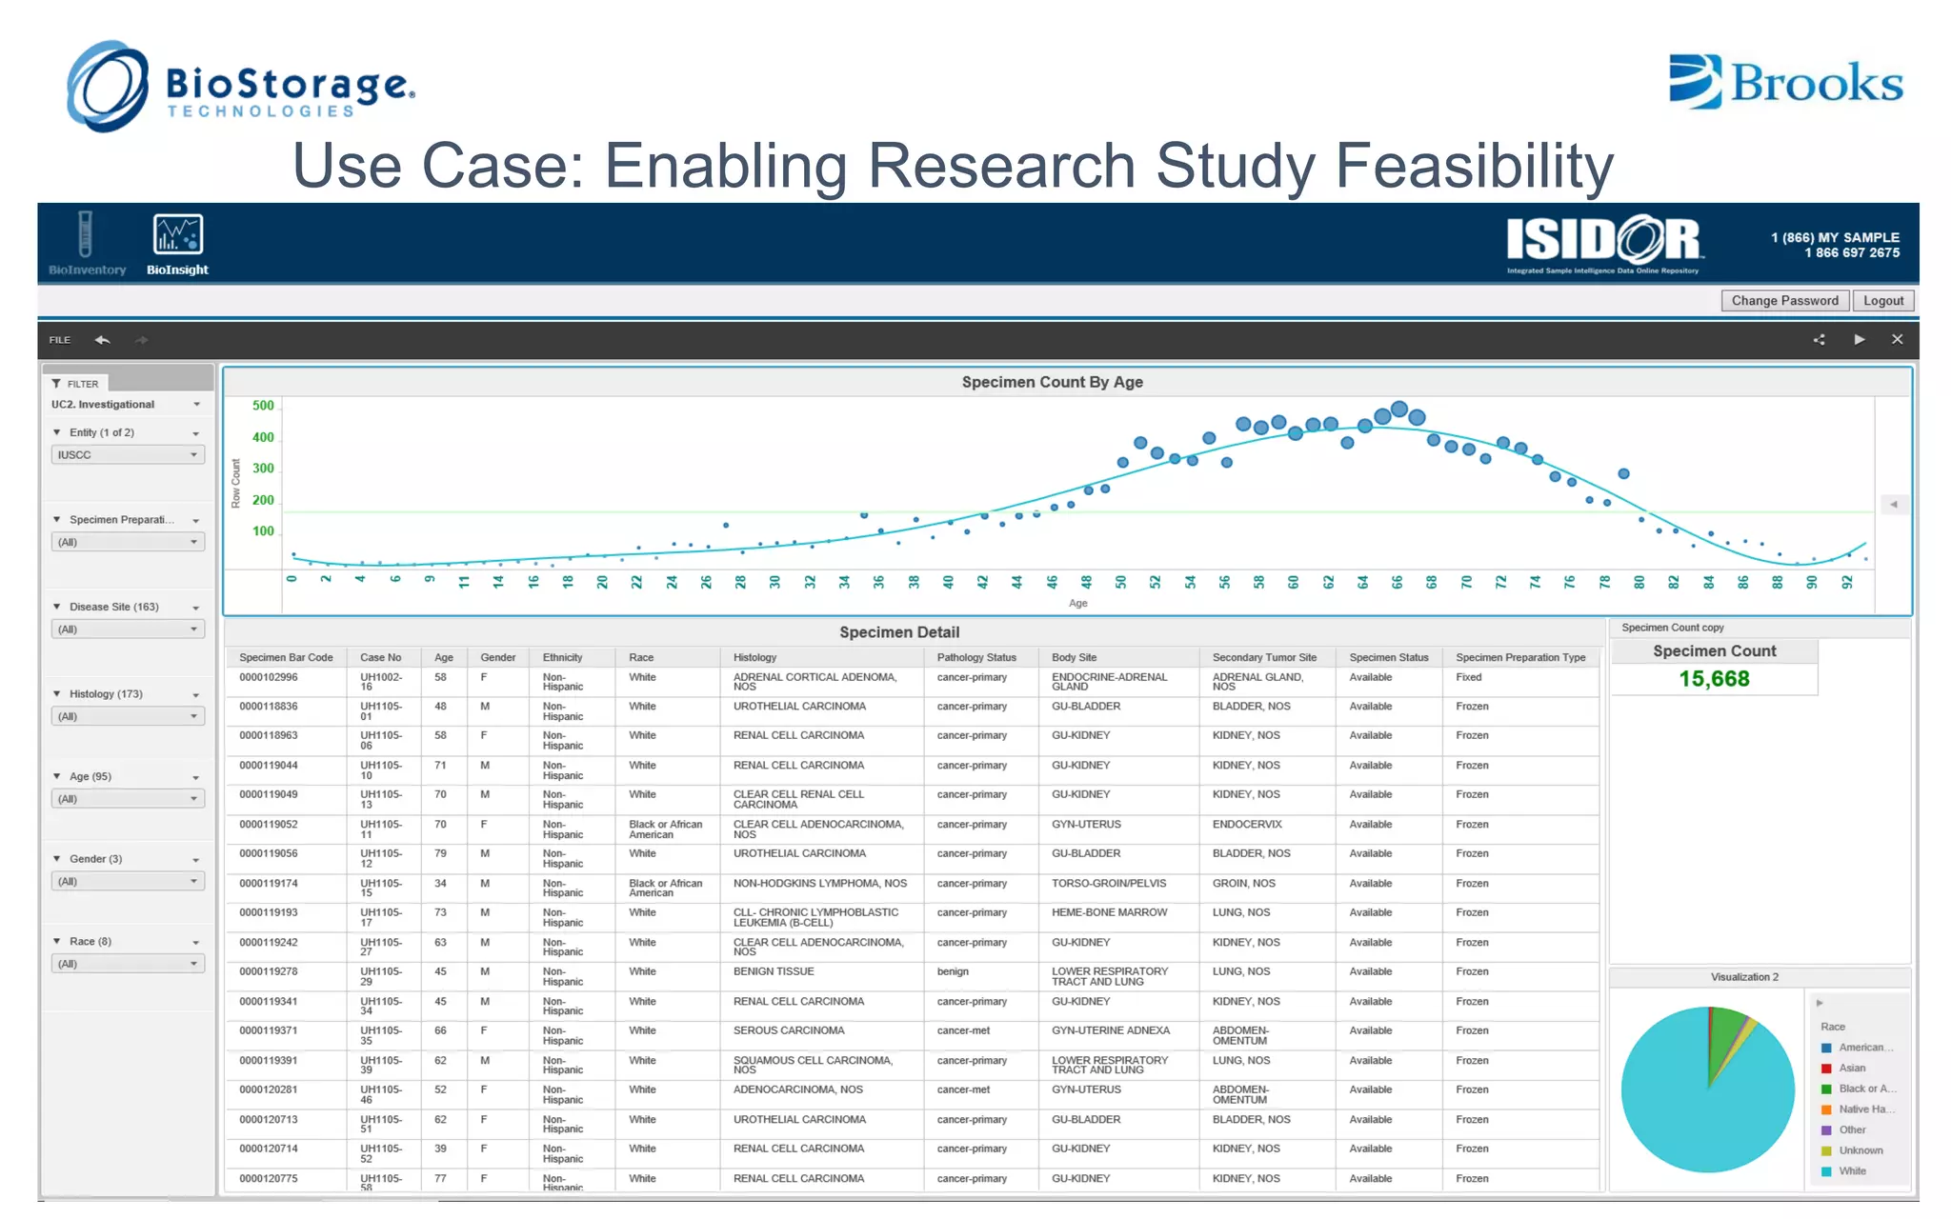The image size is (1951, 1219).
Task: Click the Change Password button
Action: tap(1784, 301)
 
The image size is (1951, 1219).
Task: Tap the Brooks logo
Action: tap(1786, 82)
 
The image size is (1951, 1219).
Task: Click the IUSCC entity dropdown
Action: tap(127, 455)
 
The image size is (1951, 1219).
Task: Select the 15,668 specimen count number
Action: tap(1714, 679)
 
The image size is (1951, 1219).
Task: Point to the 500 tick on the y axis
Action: tap(263, 406)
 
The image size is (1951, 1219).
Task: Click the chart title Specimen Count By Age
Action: tap(1052, 382)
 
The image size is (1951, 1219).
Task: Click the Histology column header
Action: tap(754, 657)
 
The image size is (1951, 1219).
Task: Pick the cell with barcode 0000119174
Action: tap(269, 884)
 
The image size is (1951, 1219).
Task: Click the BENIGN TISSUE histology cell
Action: tap(774, 971)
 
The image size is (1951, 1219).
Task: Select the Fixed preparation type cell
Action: tap(1468, 677)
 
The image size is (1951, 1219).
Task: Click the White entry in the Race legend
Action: tap(1852, 1171)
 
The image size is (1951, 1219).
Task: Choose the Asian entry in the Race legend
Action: tap(1852, 1069)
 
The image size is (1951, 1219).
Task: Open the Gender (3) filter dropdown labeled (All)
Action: tap(127, 882)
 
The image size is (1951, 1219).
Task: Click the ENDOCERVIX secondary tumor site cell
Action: tap(1247, 825)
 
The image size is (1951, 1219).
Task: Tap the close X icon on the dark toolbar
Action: tap(1897, 339)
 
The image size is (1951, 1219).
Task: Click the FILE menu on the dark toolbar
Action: tap(60, 340)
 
